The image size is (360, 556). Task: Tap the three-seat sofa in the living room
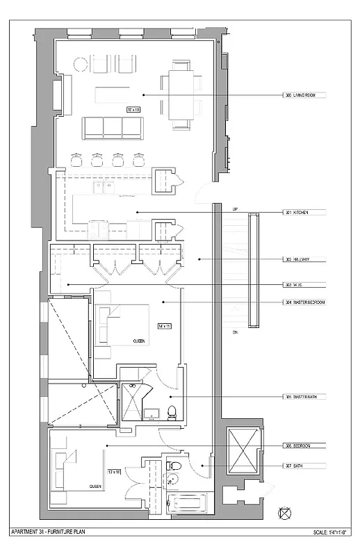click(113, 127)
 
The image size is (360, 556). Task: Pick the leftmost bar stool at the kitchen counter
click(76, 159)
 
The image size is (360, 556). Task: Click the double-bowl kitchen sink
click(104, 186)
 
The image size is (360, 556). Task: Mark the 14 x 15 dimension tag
click(163, 325)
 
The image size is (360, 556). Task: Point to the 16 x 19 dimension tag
click(133, 109)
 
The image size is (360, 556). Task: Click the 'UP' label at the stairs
click(234, 209)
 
